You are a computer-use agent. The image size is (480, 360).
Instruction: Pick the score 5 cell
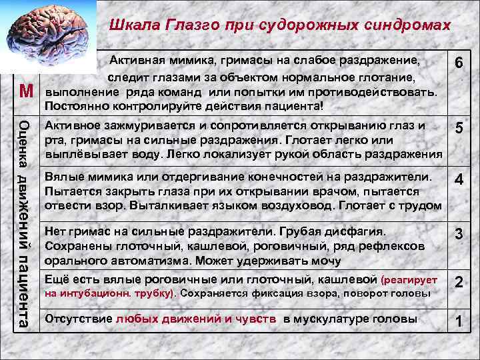coord(459,129)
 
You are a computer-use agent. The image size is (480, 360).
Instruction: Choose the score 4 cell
coord(459,180)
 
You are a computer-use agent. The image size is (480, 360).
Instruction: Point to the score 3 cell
coord(459,234)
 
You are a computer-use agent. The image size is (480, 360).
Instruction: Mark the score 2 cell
coord(459,283)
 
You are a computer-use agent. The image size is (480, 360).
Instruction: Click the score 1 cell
coord(459,321)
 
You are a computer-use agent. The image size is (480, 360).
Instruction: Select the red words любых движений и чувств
coord(196,319)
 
